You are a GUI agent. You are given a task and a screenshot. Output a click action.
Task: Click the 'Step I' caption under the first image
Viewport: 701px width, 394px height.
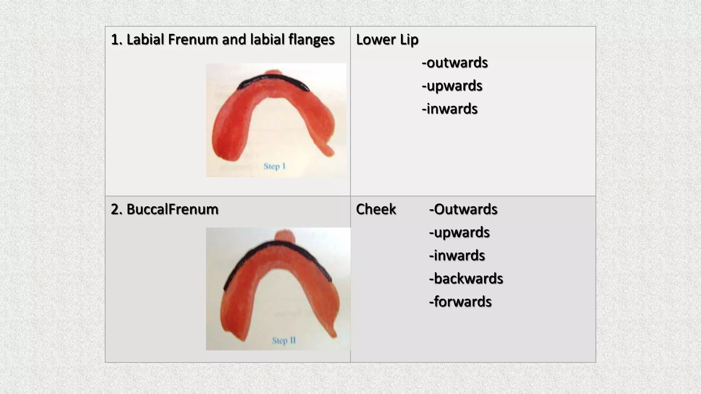[274, 167]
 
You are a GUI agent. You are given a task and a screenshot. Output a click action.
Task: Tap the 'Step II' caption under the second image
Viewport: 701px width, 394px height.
[284, 341]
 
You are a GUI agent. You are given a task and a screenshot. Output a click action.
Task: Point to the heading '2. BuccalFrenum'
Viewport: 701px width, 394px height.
[165, 209]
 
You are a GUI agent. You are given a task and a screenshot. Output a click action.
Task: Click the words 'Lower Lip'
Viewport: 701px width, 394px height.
[387, 40]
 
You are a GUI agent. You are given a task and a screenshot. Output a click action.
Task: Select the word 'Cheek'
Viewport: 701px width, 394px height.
[376, 209]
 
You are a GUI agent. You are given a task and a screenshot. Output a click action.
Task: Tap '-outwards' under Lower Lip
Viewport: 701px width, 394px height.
[455, 63]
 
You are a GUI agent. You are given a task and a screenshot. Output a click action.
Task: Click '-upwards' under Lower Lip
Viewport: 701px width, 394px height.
[452, 86]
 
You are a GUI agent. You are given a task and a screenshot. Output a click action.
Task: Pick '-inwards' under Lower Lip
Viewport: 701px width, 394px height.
[449, 109]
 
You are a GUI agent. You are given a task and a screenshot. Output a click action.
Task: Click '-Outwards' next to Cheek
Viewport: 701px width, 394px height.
[463, 209]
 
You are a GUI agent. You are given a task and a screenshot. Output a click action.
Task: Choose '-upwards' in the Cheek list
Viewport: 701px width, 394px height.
[459, 233]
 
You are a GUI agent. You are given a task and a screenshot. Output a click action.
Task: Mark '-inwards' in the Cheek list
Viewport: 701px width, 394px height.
[457, 255]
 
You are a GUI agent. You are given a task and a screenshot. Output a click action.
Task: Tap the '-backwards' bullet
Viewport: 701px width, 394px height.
[466, 279]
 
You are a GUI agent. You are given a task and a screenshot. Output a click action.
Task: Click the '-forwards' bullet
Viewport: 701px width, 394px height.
[460, 302]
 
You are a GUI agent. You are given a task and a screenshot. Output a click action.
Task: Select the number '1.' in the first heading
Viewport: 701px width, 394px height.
[117, 40]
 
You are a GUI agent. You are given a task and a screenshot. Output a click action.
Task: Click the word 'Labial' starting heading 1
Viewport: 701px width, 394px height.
[145, 40]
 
